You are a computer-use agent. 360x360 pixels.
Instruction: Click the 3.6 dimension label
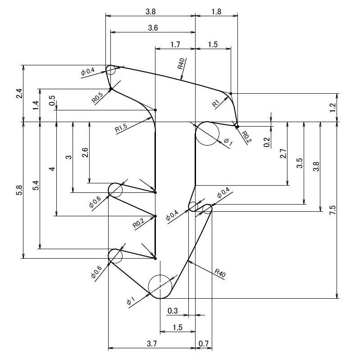pos(153,28)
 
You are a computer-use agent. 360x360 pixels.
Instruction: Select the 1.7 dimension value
pos(175,44)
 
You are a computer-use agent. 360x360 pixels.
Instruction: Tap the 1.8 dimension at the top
pos(216,12)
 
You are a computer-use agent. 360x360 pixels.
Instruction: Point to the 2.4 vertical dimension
pos(19,93)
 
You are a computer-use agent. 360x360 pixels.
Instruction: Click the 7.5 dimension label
pos(332,210)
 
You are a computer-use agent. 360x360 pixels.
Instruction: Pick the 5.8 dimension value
pos(19,190)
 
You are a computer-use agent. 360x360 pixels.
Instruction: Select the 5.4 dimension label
pos(36,186)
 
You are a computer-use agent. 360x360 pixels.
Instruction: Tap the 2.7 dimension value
pos(283,154)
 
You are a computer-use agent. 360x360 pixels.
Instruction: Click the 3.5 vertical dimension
pos(300,163)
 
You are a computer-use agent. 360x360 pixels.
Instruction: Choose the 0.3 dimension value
pos(173,310)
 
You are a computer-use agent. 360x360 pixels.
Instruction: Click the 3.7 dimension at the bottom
pos(152,344)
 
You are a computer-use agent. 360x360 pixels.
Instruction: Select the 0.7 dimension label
pos(203,344)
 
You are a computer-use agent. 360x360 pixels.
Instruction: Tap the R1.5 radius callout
pos(121,128)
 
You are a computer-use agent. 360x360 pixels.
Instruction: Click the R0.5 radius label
pos(97,97)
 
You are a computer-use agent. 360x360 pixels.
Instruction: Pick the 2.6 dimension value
pos(85,152)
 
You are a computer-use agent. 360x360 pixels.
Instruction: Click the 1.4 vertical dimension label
pos(36,105)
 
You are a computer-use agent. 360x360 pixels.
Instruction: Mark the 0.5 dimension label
pos(52,100)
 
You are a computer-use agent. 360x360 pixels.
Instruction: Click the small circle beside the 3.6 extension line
pos(111,70)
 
